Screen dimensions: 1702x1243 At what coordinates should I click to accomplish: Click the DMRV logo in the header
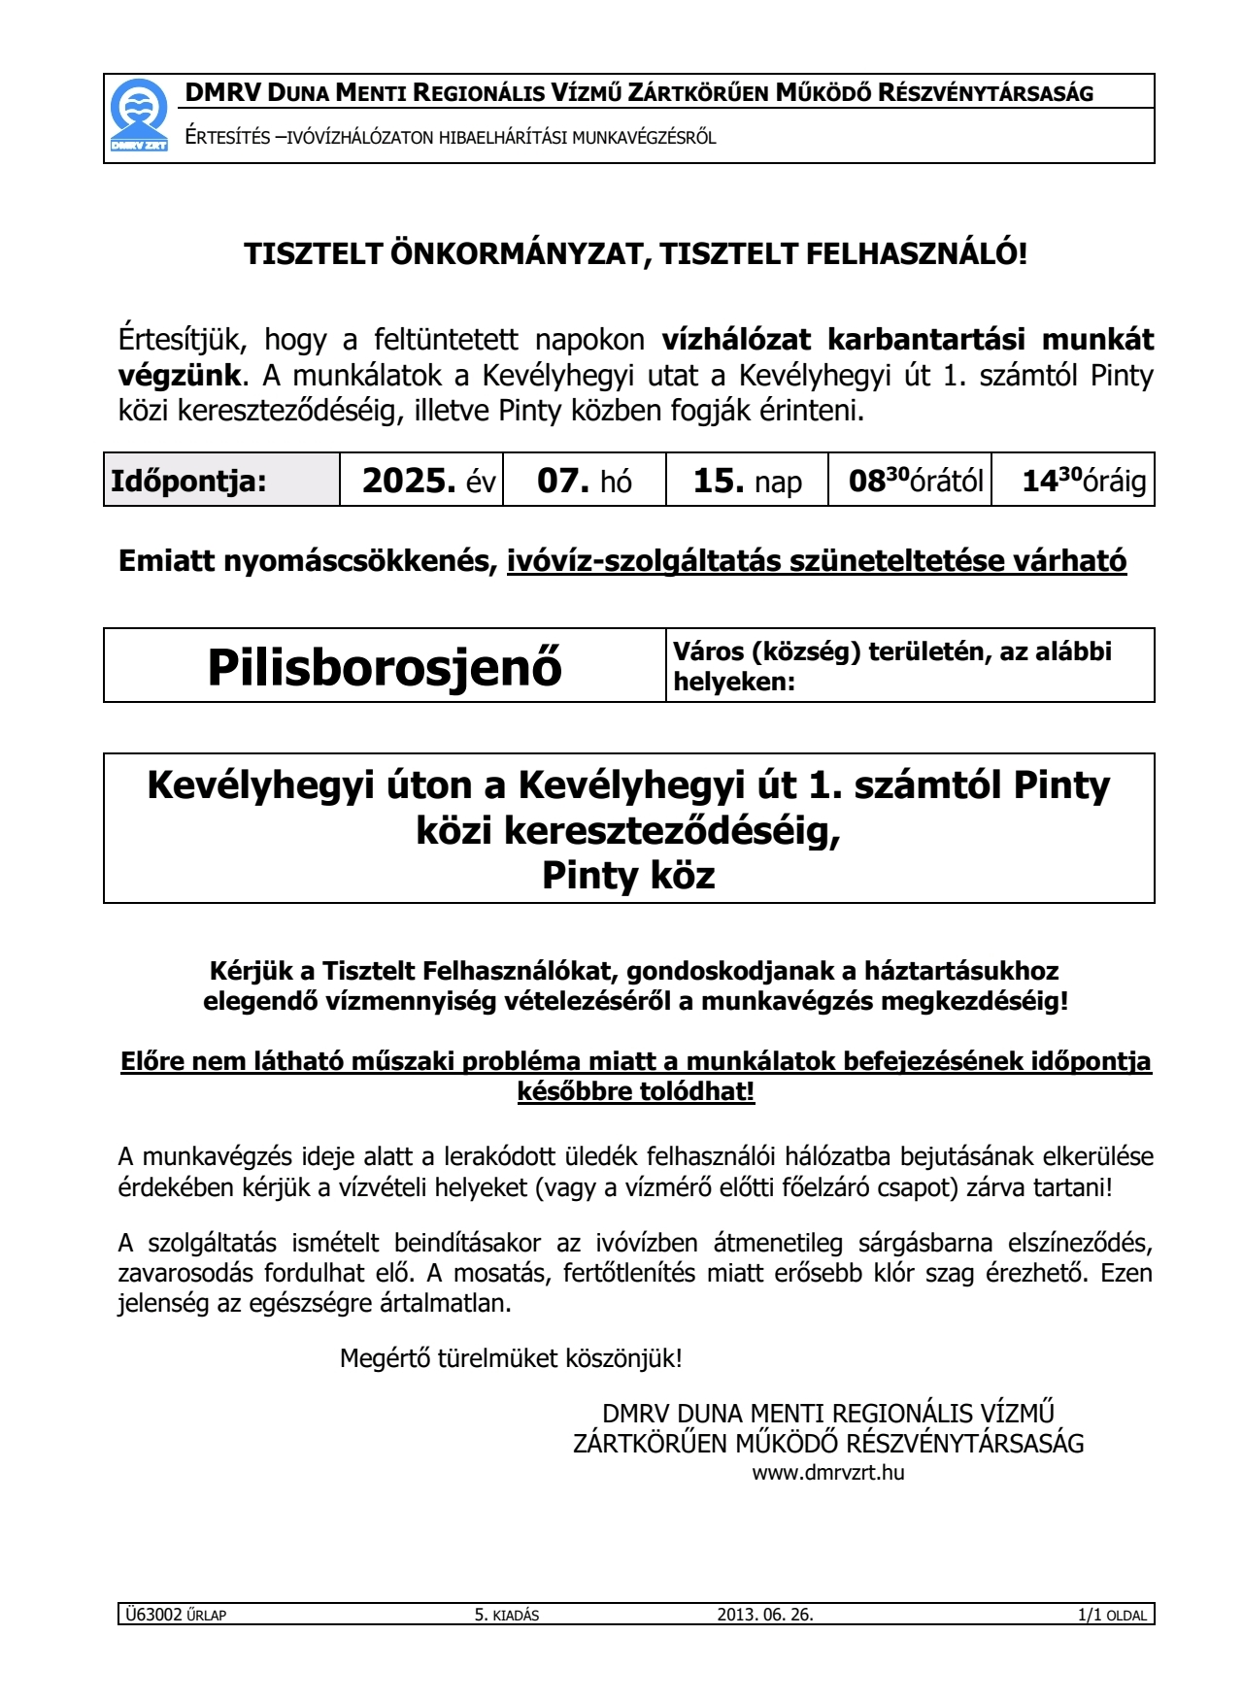139,117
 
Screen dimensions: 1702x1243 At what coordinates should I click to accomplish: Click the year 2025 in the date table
409,481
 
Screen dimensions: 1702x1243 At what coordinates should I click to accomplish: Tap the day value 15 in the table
719,481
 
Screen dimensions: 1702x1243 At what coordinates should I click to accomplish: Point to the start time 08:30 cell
911,480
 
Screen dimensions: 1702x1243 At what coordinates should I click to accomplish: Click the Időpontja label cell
189,481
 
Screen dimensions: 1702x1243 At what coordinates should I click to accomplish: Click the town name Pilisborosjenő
385,667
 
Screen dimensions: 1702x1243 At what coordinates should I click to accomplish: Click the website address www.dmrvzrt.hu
828,1472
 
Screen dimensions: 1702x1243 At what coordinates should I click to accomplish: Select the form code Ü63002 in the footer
154,1615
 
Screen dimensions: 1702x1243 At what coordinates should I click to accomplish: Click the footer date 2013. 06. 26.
765,1615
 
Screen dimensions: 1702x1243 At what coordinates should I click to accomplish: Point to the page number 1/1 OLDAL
1112,1615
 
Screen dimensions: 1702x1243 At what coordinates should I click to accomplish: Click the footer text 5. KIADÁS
506,1615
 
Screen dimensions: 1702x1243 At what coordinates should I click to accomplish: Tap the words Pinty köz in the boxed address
628,875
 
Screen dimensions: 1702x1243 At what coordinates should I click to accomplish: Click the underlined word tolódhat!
696,1091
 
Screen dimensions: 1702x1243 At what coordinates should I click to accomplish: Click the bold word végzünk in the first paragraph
179,375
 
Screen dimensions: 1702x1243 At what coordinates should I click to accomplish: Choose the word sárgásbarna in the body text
930,1243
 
